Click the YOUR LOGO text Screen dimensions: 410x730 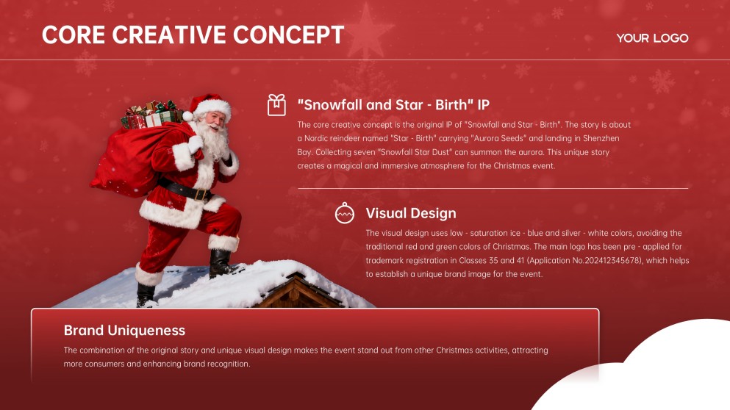point(652,38)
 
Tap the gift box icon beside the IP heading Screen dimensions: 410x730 point(276,105)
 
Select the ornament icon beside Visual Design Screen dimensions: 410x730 point(344,213)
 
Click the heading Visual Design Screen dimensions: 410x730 point(411,213)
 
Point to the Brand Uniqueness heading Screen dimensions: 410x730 point(124,330)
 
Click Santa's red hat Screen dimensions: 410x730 point(210,106)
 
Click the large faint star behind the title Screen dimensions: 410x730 point(365,37)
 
